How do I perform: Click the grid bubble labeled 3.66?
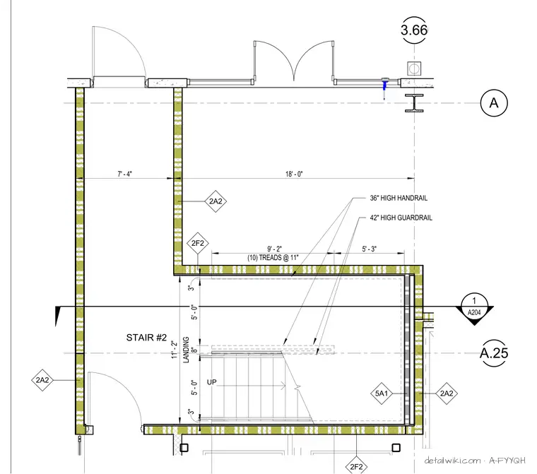(x=414, y=30)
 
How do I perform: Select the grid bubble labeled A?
(x=494, y=102)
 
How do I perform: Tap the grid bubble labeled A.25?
(x=494, y=352)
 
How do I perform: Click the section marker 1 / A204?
(x=474, y=309)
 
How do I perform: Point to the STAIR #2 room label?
(x=146, y=338)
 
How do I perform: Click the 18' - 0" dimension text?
(x=294, y=174)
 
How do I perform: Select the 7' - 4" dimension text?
(x=124, y=174)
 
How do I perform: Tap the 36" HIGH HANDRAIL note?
(x=399, y=198)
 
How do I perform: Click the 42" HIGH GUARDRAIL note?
(x=401, y=218)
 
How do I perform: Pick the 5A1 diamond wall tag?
(x=382, y=393)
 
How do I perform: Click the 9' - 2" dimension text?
(x=274, y=249)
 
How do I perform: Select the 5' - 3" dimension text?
(x=369, y=249)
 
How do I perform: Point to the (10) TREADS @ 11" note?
(x=273, y=258)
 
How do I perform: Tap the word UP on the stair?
(x=212, y=382)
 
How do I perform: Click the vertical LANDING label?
(x=186, y=350)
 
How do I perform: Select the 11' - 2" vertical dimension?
(x=175, y=350)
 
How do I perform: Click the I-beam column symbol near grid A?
(x=414, y=103)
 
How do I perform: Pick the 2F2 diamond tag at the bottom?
(x=356, y=466)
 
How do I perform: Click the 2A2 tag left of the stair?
(x=42, y=380)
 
